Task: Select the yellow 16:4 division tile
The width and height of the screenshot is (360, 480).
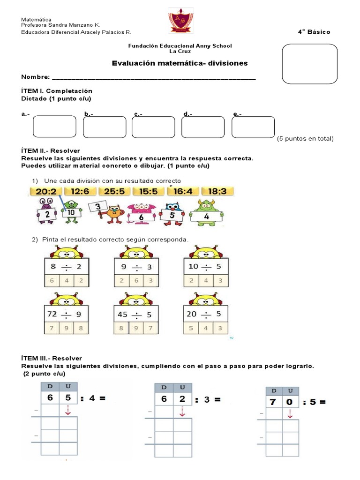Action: [x=186, y=191]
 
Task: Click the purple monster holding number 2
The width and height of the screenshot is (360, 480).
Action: [x=46, y=211]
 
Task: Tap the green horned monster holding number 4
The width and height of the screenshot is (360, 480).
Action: [x=206, y=212]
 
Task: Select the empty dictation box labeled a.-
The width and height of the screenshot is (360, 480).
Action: [x=54, y=127]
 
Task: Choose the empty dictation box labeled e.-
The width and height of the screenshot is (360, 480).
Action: [x=253, y=127]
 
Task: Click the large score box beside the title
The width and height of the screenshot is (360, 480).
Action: [x=309, y=64]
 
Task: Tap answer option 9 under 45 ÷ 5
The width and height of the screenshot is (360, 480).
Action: [x=136, y=328]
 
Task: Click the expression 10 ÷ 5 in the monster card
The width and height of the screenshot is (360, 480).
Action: [x=205, y=267]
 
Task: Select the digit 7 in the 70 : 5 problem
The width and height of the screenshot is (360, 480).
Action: [x=272, y=402]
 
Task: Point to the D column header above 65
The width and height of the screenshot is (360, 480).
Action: [x=50, y=386]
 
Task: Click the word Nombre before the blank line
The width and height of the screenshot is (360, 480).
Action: [x=35, y=77]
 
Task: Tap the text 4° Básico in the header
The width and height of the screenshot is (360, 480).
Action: [x=314, y=32]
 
